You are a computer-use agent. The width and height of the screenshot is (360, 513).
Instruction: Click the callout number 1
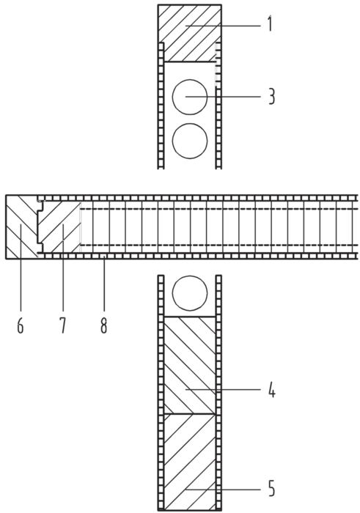pyautogui.click(x=270, y=24)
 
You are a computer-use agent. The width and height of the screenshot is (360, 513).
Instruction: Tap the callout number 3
pyautogui.click(x=271, y=97)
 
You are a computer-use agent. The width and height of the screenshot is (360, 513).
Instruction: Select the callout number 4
pyautogui.click(x=271, y=390)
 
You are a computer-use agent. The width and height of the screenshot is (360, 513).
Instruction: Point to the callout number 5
pyautogui.click(x=271, y=490)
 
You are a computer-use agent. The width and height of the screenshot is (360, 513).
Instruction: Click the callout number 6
pyautogui.click(x=21, y=326)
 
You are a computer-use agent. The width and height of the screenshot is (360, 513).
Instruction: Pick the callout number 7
pyautogui.click(x=62, y=326)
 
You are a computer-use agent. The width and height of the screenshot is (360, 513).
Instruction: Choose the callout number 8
pyautogui.click(x=103, y=326)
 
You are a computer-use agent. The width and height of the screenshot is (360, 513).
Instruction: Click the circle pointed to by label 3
pyautogui.click(x=190, y=97)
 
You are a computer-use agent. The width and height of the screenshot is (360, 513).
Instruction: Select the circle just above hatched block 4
pyautogui.click(x=190, y=293)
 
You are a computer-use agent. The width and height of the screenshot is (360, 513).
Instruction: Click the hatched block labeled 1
pyautogui.click(x=189, y=33)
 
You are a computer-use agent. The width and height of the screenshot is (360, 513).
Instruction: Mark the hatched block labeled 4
pyautogui.click(x=190, y=365)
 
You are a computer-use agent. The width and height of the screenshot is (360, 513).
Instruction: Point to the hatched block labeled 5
pyautogui.click(x=190, y=462)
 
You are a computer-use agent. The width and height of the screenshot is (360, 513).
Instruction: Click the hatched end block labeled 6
pyautogui.click(x=21, y=226)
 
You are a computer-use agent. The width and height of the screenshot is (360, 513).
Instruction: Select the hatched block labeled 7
pyautogui.click(x=59, y=226)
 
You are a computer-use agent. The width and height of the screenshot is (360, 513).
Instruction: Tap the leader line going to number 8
pyautogui.click(x=103, y=284)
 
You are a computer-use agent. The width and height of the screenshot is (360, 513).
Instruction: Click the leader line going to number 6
pyautogui.click(x=21, y=267)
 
